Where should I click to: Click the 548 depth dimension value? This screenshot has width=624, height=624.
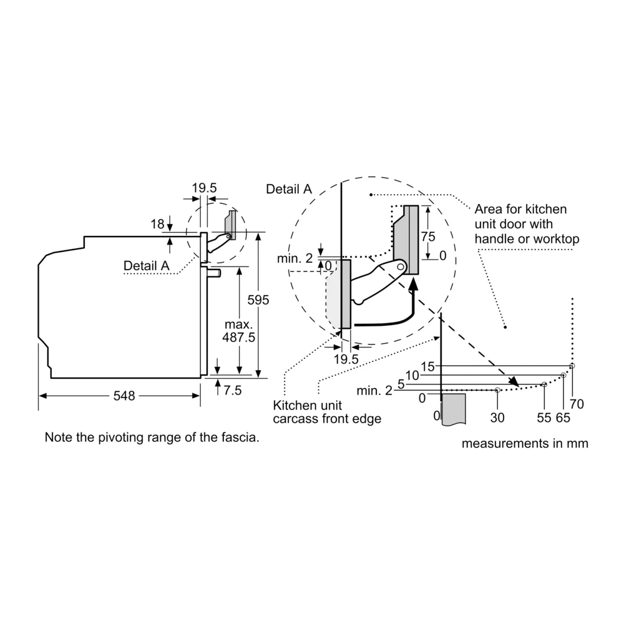(x=124, y=396)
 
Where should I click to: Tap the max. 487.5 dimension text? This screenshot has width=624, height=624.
(x=238, y=331)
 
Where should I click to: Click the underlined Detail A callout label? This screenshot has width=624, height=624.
(x=147, y=265)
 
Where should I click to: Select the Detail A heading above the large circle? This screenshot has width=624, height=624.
(x=288, y=189)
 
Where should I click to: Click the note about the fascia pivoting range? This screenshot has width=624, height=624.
(x=152, y=438)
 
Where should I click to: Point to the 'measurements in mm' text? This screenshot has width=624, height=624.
(x=525, y=444)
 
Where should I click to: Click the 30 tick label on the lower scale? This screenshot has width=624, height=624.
(x=497, y=417)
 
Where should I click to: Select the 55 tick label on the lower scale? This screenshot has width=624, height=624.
(x=544, y=417)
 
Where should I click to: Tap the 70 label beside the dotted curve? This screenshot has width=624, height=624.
(x=577, y=404)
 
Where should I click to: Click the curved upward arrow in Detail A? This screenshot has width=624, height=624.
(x=399, y=315)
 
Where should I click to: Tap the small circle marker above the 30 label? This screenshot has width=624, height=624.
(x=497, y=390)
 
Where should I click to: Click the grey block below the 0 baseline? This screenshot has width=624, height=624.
(x=453, y=409)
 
